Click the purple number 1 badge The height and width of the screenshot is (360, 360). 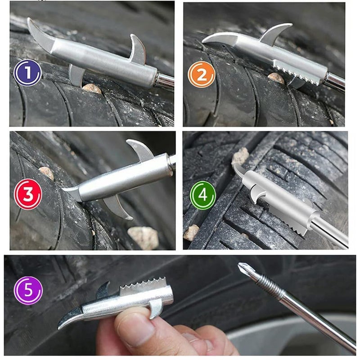click(27, 73)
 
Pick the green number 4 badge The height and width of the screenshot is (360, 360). click(202, 195)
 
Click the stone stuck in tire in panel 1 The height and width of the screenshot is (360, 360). click(92, 88)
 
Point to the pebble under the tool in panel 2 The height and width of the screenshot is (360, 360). click(276, 78)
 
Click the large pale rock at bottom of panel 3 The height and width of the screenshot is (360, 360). click(143, 237)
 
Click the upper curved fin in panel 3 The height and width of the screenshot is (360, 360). click(141, 149)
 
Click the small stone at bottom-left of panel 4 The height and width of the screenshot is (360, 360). click(191, 232)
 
